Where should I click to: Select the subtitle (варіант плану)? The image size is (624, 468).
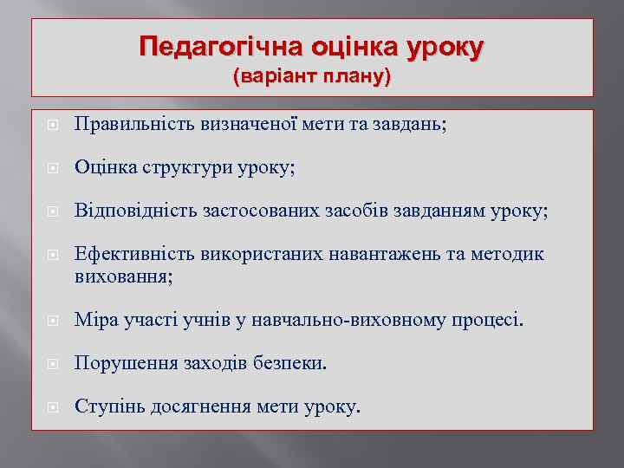pos(312,76)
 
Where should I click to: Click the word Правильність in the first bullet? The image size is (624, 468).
pos(127,125)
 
